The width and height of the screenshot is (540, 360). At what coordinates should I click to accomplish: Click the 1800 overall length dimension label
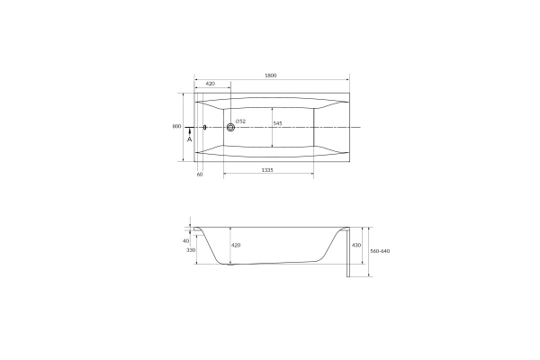(x=271, y=76)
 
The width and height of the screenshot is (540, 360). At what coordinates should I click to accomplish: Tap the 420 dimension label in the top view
(x=210, y=84)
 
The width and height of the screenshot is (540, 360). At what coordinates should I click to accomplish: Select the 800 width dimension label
(x=176, y=126)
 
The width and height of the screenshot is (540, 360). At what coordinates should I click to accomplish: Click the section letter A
(x=189, y=139)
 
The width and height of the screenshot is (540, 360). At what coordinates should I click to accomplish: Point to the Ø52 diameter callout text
(x=240, y=121)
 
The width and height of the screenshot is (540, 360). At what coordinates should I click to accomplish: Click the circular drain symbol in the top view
(x=230, y=128)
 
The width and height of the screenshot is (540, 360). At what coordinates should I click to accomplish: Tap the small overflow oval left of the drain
(x=205, y=128)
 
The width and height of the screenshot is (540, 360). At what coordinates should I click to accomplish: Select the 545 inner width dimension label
(x=277, y=123)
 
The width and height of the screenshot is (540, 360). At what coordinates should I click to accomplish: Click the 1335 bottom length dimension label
(x=267, y=170)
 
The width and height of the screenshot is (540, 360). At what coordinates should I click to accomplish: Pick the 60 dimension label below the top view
(x=200, y=175)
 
